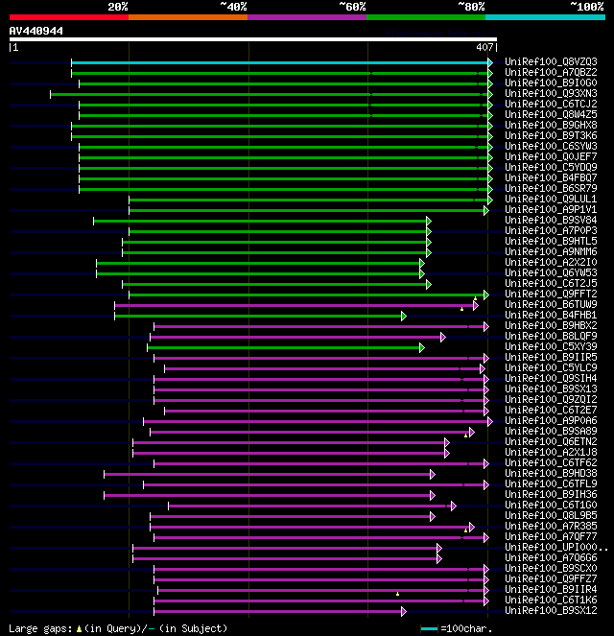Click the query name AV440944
pos(36,31)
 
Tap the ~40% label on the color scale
pos(233,6)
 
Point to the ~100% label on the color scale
pos(586,6)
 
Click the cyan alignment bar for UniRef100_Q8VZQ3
pos(278,62)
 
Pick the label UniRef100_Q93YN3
pos(550,94)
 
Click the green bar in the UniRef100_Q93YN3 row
pos(269,94)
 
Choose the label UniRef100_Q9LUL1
pos(550,200)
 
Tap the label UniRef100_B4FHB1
pos(550,316)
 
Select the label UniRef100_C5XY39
pos(550,347)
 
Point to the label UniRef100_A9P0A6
pos(550,421)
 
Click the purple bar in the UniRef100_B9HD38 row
pos(269,474)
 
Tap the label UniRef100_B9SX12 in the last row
pos(550,611)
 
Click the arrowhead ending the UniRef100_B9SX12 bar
pos(404,611)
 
